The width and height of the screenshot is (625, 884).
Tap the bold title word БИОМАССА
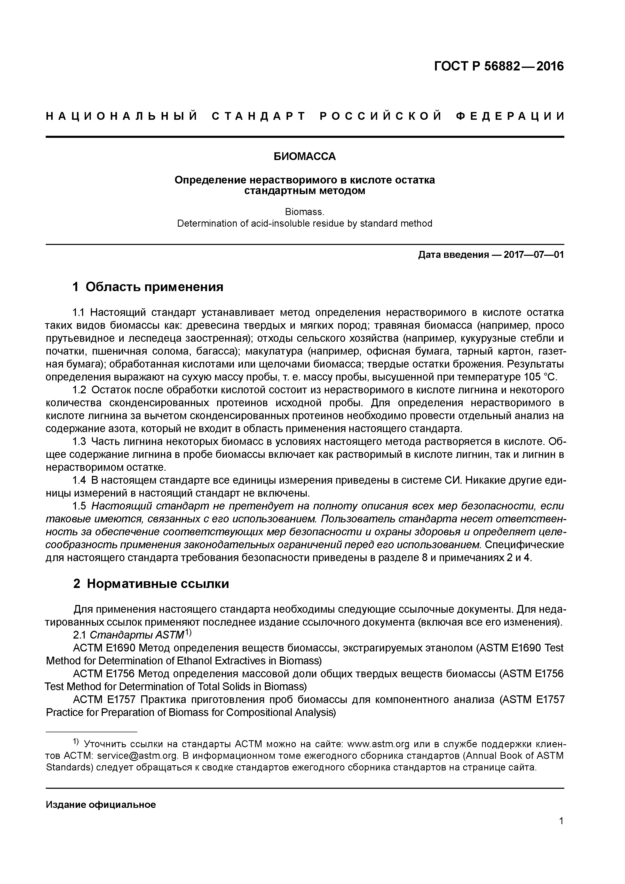305,156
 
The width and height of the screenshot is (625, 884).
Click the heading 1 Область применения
148,287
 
